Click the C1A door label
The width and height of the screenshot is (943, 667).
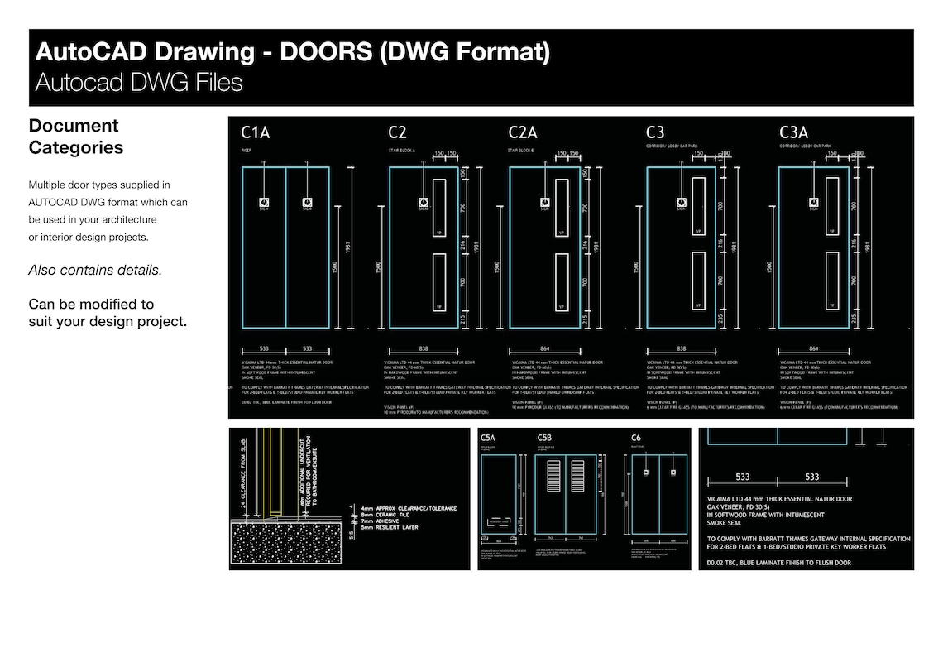click(x=255, y=132)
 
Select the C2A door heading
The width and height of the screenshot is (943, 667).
click(x=523, y=132)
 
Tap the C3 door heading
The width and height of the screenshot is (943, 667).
click(x=655, y=132)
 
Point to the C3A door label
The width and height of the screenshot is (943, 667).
click(x=793, y=132)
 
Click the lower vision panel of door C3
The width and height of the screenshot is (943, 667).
click(x=699, y=282)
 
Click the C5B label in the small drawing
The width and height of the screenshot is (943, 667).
click(x=543, y=438)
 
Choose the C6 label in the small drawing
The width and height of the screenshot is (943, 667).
click(x=636, y=438)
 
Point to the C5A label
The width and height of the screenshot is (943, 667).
click(x=488, y=438)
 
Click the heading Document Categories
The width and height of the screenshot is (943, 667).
click(x=75, y=137)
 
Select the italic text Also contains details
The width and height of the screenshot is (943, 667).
click(x=95, y=271)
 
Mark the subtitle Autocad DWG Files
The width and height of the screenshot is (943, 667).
click(x=138, y=83)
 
